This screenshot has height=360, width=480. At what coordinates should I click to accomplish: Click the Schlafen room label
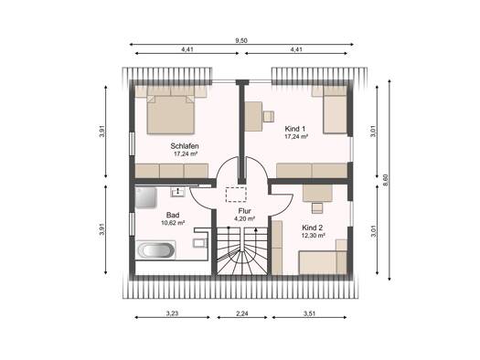(185, 146)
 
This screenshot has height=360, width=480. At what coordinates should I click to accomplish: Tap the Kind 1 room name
(294, 129)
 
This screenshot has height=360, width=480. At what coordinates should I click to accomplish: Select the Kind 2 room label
(312, 228)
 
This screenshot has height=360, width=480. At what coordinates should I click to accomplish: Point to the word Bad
(173, 215)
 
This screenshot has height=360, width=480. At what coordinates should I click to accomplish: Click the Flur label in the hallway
(245, 211)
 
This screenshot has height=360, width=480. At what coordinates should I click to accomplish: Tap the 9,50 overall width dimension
(241, 40)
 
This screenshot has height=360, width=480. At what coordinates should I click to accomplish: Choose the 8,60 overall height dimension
(386, 180)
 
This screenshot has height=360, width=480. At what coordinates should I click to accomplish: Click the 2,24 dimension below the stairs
(242, 313)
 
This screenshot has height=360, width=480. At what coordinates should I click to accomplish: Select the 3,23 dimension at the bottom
(173, 313)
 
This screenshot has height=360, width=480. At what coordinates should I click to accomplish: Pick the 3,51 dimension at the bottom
(309, 313)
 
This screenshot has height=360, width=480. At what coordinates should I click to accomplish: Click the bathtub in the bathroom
(155, 249)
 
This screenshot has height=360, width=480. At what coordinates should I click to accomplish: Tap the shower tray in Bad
(146, 197)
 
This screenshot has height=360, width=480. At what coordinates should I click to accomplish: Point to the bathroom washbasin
(177, 192)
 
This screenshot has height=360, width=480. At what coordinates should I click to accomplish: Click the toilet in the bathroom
(200, 242)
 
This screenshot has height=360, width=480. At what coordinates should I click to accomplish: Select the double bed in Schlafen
(171, 114)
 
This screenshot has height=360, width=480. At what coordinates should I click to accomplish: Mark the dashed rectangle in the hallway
(236, 195)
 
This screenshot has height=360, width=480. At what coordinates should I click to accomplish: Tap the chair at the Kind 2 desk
(317, 207)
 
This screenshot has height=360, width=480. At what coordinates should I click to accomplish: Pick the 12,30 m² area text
(314, 236)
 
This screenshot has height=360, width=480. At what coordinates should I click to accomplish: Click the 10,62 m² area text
(173, 223)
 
